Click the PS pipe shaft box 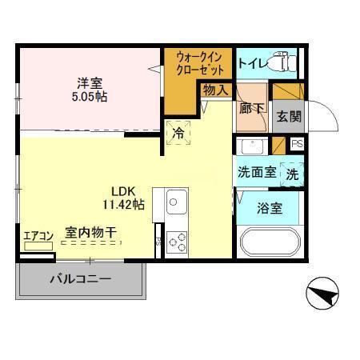coord(297,144)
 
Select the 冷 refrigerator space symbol coord(179,134)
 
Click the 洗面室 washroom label coord(255,171)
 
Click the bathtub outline coord(270,242)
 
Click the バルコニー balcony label coord(80,280)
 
